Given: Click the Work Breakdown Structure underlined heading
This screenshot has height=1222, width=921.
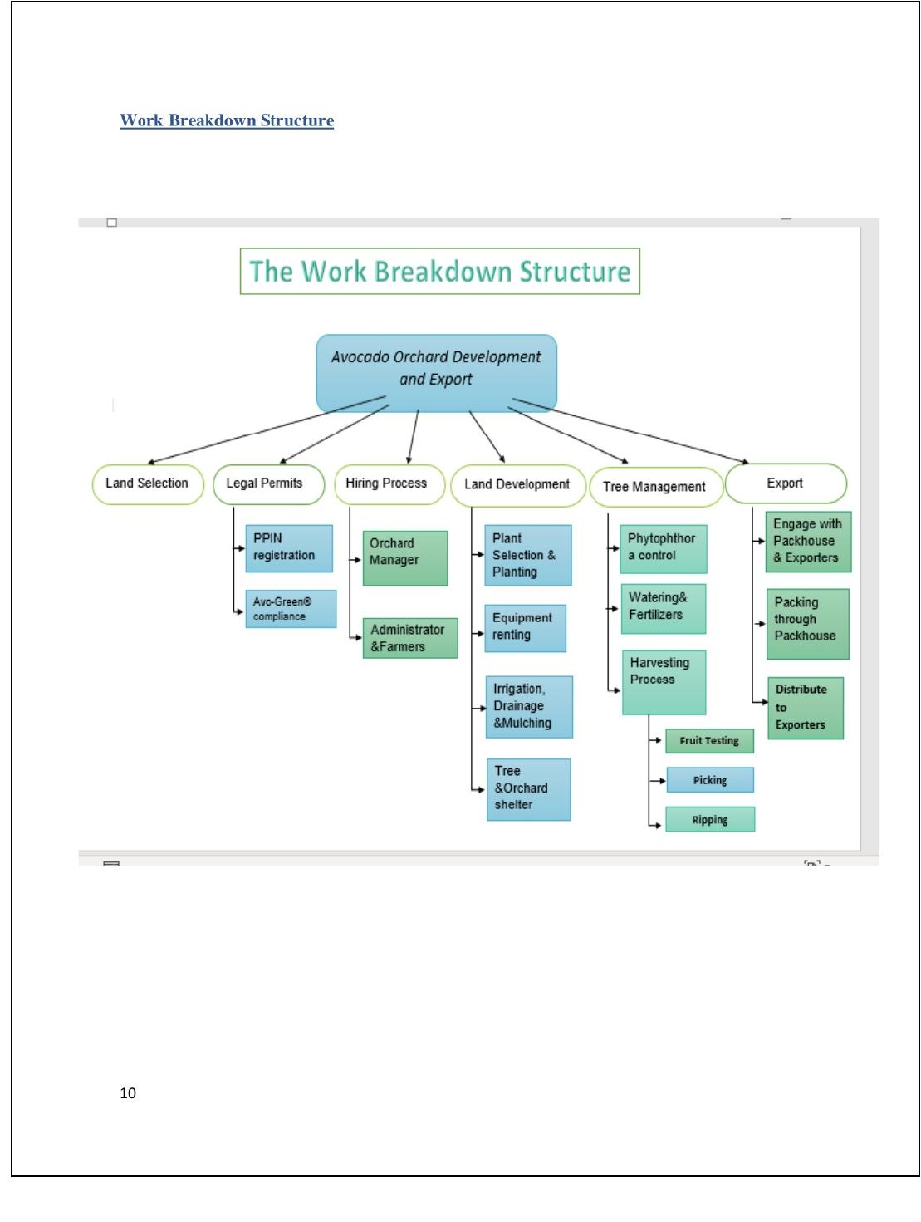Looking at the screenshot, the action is click(227, 120).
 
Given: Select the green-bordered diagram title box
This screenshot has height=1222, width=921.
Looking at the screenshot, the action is click(439, 271).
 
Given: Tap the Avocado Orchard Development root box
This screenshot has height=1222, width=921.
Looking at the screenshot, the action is click(436, 373).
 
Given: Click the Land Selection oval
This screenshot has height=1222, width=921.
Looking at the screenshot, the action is click(148, 484).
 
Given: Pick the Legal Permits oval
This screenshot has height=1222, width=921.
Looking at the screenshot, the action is click(268, 484).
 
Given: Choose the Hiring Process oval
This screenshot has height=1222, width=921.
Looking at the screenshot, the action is click(389, 484).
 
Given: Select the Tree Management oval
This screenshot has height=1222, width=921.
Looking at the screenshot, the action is click(656, 487).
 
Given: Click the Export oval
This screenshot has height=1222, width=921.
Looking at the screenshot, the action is click(786, 483).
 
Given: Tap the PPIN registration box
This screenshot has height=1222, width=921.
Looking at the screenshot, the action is click(289, 548).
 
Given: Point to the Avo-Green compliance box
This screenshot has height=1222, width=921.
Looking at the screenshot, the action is click(291, 608).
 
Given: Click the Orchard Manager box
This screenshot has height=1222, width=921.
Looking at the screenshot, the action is click(405, 558).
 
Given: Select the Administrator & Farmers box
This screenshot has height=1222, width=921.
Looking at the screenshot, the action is click(410, 638).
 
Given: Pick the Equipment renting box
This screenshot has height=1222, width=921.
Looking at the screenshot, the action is click(526, 628).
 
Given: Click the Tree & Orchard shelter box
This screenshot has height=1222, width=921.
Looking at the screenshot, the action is click(529, 789).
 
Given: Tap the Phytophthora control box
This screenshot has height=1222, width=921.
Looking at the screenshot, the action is click(664, 549).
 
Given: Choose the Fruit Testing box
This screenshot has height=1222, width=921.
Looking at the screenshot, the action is click(709, 741).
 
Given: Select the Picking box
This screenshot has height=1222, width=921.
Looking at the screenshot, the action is click(710, 780).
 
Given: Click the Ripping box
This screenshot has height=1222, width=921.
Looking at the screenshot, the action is click(710, 819).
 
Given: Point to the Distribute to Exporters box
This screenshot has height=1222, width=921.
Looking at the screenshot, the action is click(806, 708).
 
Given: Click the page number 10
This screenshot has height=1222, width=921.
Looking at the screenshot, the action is click(128, 1093).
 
